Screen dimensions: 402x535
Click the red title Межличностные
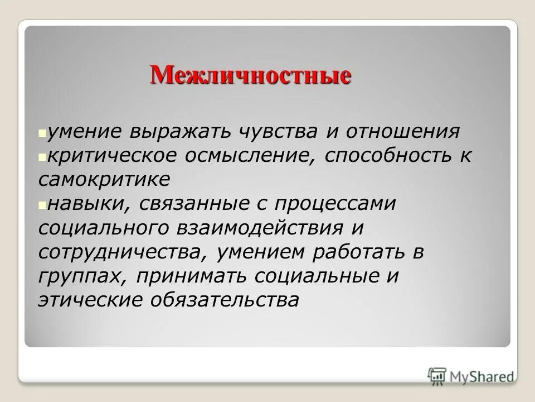250,75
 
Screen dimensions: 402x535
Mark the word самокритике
104,180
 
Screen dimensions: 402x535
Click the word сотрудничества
118,252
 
